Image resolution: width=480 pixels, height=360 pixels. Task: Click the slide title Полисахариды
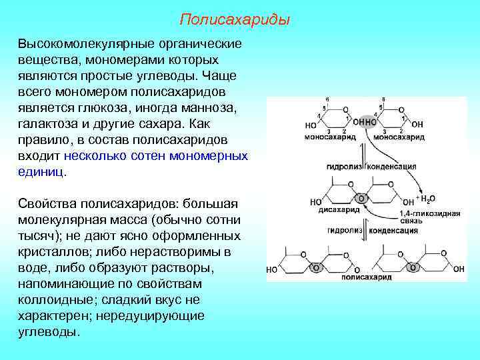point(235,20)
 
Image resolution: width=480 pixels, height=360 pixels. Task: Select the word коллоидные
point(53,300)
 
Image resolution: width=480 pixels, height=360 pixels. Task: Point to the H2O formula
point(427,199)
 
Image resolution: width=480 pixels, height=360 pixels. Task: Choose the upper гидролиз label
point(342,166)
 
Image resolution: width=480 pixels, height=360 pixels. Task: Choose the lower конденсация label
point(394,231)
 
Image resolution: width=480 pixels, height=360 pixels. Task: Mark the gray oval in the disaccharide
point(361,199)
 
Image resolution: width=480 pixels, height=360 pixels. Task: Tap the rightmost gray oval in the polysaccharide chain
point(413,267)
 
